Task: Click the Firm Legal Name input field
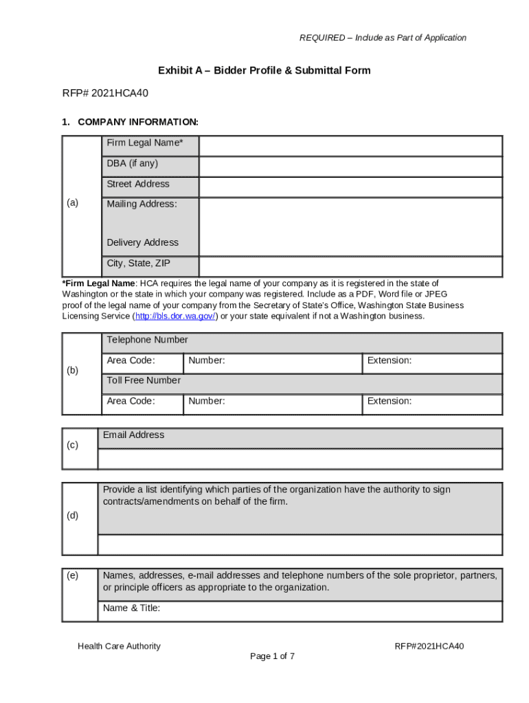pyautogui.click(x=350, y=146)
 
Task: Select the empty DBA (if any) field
pyautogui.click(x=350, y=167)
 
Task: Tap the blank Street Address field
pyautogui.click(x=350, y=187)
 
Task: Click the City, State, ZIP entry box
pyautogui.click(x=350, y=267)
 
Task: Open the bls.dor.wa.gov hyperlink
pyautogui.click(x=175, y=316)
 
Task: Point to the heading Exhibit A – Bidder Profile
pyautogui.click(x=264, y=71)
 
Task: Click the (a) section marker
pyautogui.click(x=72, y=203)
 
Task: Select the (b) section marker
pyautogui.click(x=72, y=370)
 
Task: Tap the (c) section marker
pyautogui.click(x=72, y=445)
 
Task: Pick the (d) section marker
pyautogui.click(x=72, y=515)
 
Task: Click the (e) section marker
pyautogui.click(x=72, y=575)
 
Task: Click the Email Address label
pyautogui.click(x=133, y=435)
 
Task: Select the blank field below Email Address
pyautogui.click(x=300, y=459)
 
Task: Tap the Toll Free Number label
pyautogui.click(x=144, y=380)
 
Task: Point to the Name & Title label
pyautogui.click(x=131, y=608)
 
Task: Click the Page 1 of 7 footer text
pyautogui.click(x=273, y=656)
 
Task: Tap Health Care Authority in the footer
pyautogui.click(x=119, y=646)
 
